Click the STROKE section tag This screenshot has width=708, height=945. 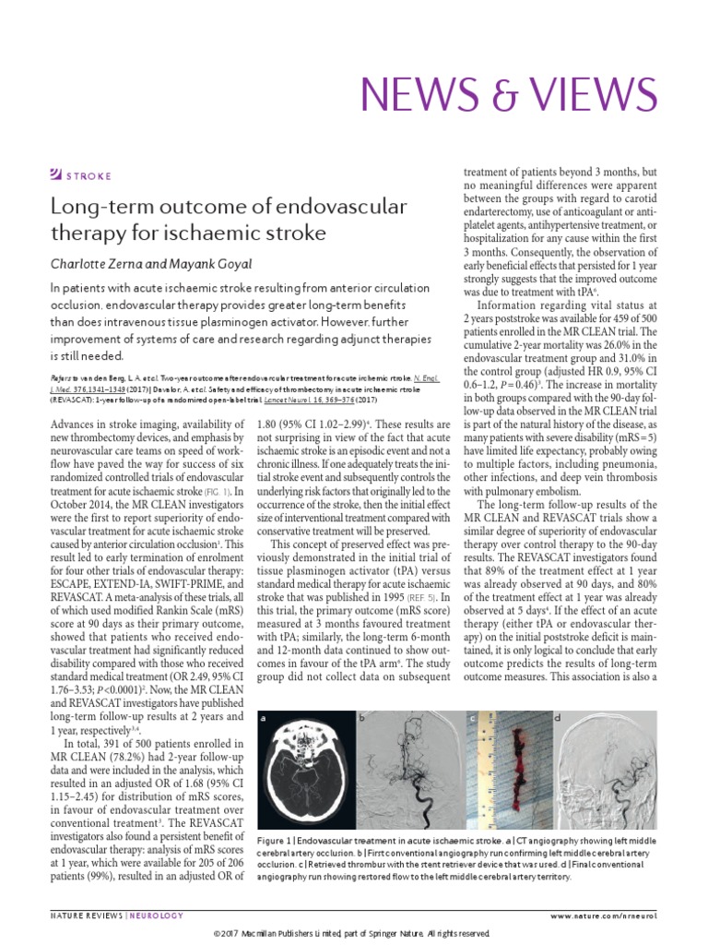click(88, 174)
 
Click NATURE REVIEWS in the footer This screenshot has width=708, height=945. click(84, 915)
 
